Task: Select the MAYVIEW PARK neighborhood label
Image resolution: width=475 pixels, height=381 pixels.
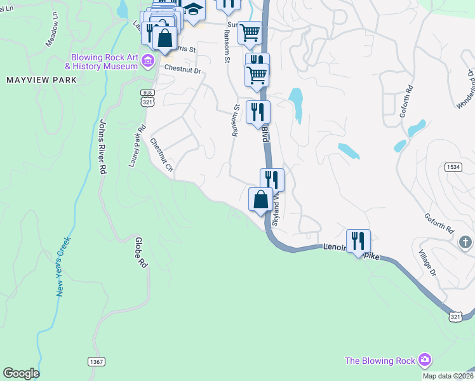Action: (x=41, y=80)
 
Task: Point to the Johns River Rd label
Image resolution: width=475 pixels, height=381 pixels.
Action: (x=102, y=147)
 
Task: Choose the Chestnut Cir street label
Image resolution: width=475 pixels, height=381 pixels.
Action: (x=161, y=156)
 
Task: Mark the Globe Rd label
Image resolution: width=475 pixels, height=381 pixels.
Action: (x=140, y=252)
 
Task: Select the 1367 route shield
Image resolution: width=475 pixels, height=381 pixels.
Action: (x=97, y=361)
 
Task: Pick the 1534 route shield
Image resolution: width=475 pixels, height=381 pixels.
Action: (x=453, y=166)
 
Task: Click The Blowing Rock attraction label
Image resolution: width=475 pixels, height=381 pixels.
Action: (x=379, y=361)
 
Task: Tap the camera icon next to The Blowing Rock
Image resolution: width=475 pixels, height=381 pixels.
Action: (x=425, y=361)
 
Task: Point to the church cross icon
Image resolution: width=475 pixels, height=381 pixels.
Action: (x=465, y=242)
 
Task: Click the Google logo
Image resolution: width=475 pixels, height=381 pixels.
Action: (x=21, y=373)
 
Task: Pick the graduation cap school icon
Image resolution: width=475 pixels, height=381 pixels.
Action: (x=192, y=11)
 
